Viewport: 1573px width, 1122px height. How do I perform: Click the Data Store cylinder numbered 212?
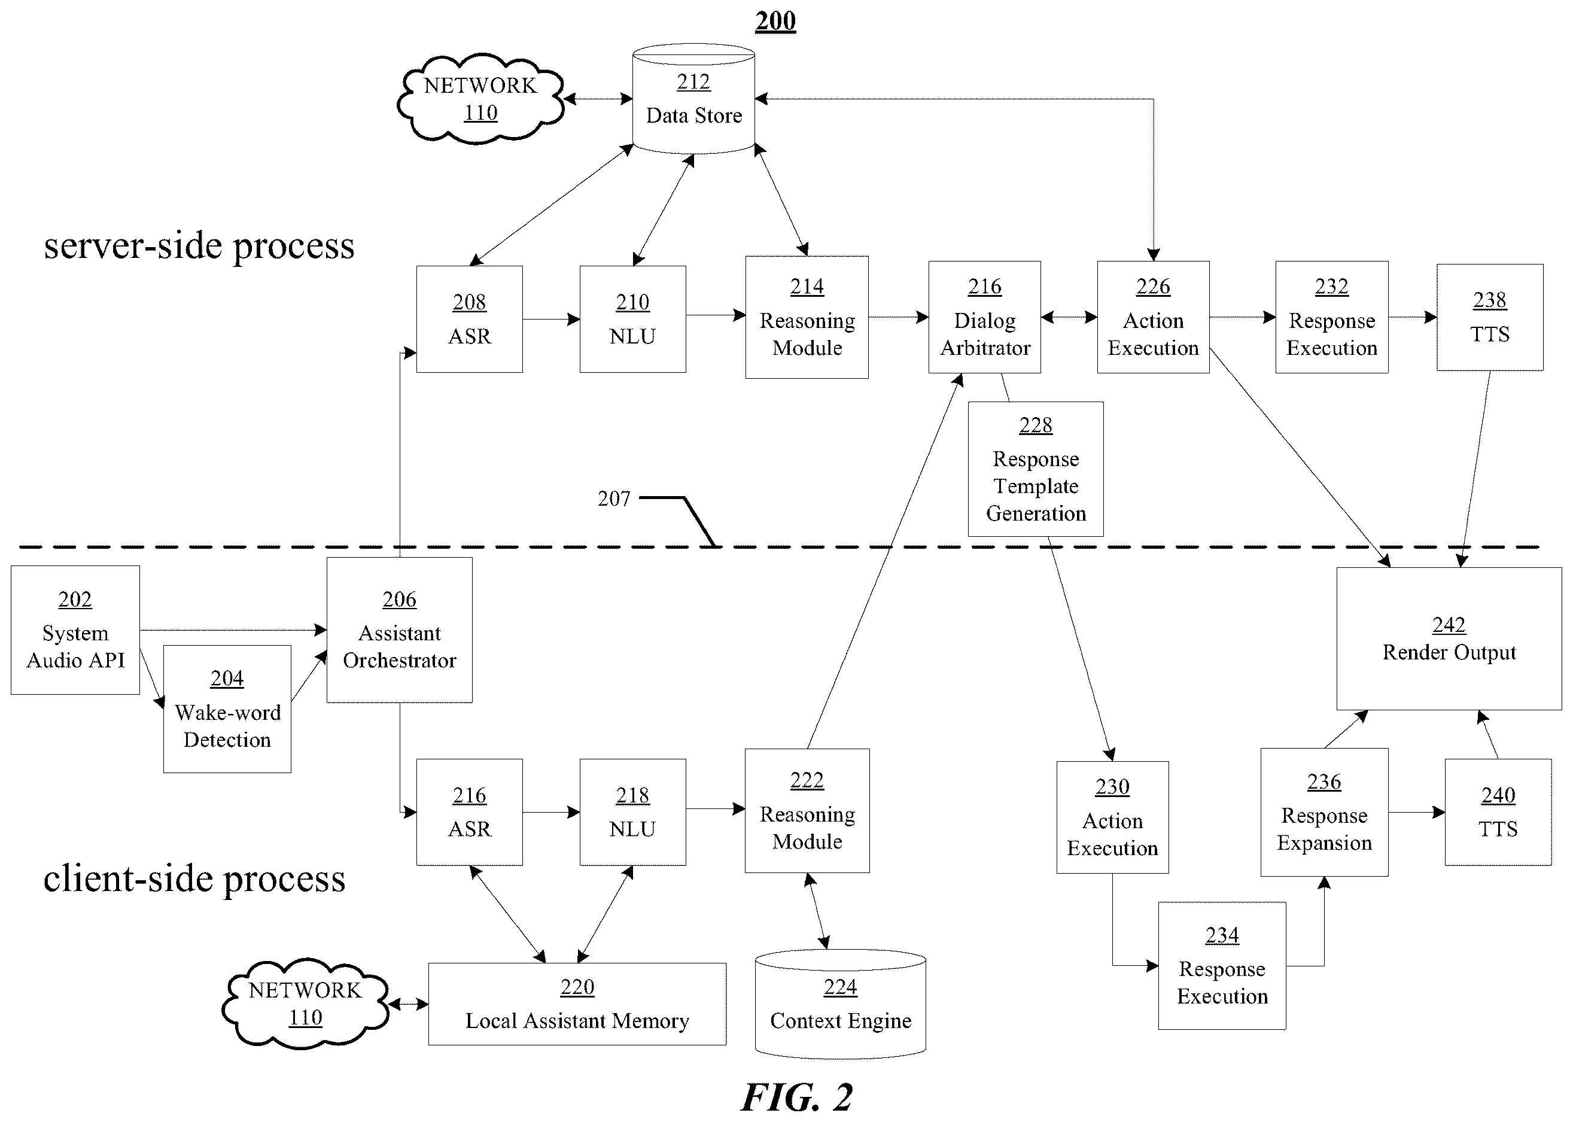(693, 99)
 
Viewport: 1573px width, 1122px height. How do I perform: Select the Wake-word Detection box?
(227, 709)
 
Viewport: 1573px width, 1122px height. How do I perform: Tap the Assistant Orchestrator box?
(399, 630)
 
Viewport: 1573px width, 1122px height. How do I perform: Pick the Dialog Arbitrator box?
(984, 317)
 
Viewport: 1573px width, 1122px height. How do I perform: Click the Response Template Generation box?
(1036, 469)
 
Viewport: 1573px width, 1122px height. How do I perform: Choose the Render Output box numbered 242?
(1449, 638)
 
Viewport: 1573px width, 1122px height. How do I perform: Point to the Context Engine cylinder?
(840, 1004)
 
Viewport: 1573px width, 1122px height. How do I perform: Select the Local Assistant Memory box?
(577, 1004)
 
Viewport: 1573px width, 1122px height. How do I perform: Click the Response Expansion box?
(1324, 813)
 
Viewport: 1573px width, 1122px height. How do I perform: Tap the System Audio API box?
(75, 630)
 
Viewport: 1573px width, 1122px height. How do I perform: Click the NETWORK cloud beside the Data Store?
(480, 99)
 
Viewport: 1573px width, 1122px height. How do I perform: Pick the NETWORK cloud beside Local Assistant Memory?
(305, 1004)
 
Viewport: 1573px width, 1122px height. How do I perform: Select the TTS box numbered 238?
(1489, 317)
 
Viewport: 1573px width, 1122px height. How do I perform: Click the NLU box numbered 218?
(633, 813)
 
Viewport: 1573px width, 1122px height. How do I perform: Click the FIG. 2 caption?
(796, 1097)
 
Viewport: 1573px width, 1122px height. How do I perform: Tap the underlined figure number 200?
(775, 22)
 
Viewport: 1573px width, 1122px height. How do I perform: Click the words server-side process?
(199, 247)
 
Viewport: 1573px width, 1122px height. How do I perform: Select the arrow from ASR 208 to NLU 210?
(551, 319)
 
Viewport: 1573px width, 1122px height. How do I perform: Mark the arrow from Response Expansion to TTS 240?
(1417, 813)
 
